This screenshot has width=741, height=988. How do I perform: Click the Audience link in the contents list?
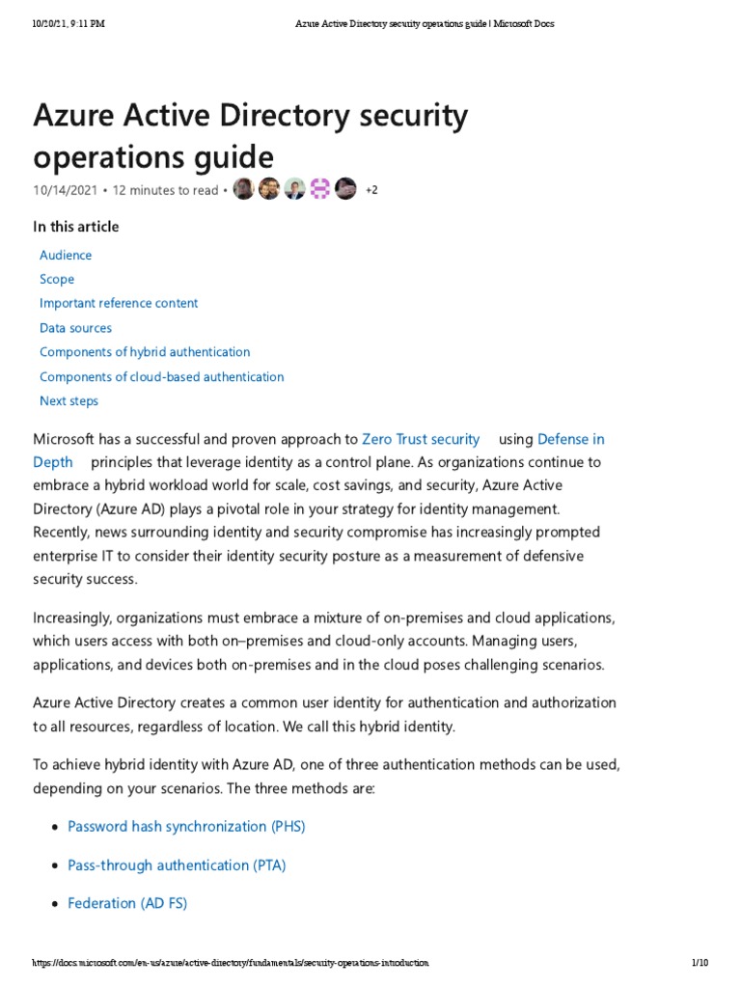[66, 255]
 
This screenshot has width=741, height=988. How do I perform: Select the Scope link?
[57, 279]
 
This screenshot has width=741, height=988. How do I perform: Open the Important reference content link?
[119, 303]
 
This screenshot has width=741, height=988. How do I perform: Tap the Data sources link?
[75, 328]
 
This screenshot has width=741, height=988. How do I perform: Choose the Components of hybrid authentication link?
[145, 352]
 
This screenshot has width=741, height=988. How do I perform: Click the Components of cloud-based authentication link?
[161, 376]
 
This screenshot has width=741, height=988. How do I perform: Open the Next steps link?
[69, 400]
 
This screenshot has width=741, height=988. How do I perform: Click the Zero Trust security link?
[421, 439]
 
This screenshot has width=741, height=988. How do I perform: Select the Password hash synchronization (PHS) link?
[186, 827]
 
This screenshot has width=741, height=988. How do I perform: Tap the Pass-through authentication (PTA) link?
[177, 865]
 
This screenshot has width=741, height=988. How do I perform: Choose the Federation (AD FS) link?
[127, 904]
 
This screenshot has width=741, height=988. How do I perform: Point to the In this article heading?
[76, 227]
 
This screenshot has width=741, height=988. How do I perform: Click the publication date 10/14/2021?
[65, 190]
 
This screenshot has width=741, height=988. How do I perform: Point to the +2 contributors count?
[371, 190]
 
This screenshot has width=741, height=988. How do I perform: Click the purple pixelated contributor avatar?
[320, 189]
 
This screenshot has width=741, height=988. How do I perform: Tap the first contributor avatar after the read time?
[244, 189]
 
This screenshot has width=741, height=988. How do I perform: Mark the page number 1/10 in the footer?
[700, 963]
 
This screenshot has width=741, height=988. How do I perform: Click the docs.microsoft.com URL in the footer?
[230, 963]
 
